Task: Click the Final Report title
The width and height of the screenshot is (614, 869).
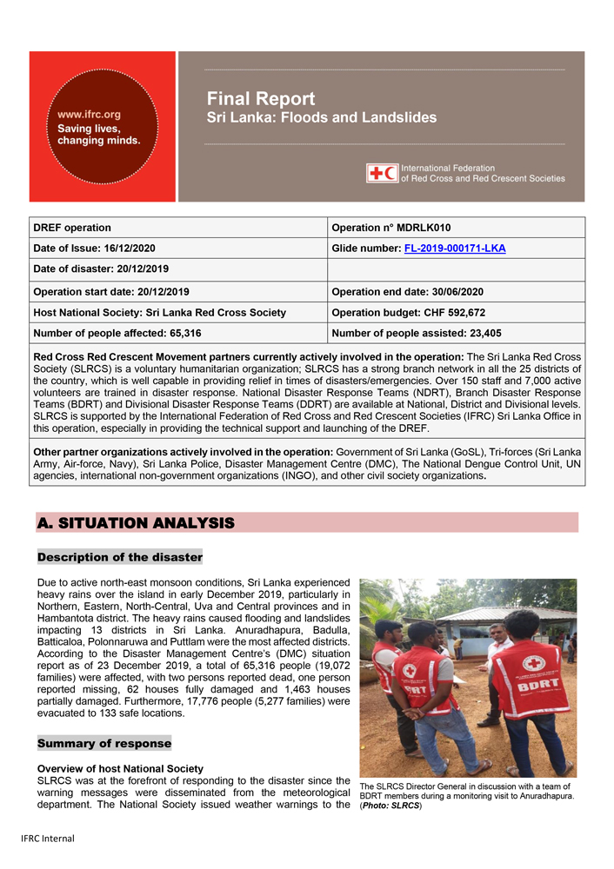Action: coord(261,99)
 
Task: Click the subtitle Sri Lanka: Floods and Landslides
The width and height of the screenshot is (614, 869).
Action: coord(321,118)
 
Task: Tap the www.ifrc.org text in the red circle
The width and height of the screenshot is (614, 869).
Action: coord(89,114)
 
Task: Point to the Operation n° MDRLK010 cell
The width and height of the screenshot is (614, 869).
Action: coord(391,228)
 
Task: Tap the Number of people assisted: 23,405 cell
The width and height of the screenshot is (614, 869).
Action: coord(417,333)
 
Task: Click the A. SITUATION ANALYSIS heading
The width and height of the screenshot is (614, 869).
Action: coord(136,523)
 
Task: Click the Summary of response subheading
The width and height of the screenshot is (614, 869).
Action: coord(104,744)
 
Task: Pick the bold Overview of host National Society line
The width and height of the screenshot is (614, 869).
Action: coord(120,769)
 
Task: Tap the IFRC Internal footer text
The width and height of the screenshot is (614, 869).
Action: coord(48,839)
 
